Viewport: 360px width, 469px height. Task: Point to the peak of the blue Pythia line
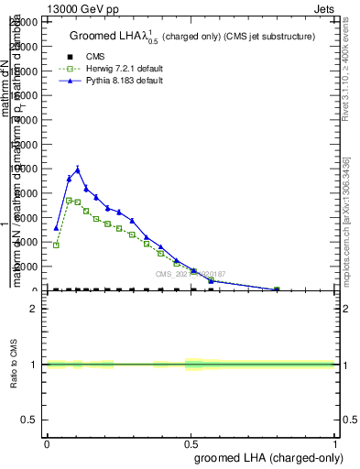point(78,169)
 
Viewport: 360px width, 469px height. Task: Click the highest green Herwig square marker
point(69,200)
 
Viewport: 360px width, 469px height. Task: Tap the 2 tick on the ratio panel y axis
point(34,309)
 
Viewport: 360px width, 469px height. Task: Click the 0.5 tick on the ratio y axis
point(30,420)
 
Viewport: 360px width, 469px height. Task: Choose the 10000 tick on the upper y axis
point(26,169)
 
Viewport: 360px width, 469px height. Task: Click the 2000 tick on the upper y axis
point(27,267)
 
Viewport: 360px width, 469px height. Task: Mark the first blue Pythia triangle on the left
point(56,227)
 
